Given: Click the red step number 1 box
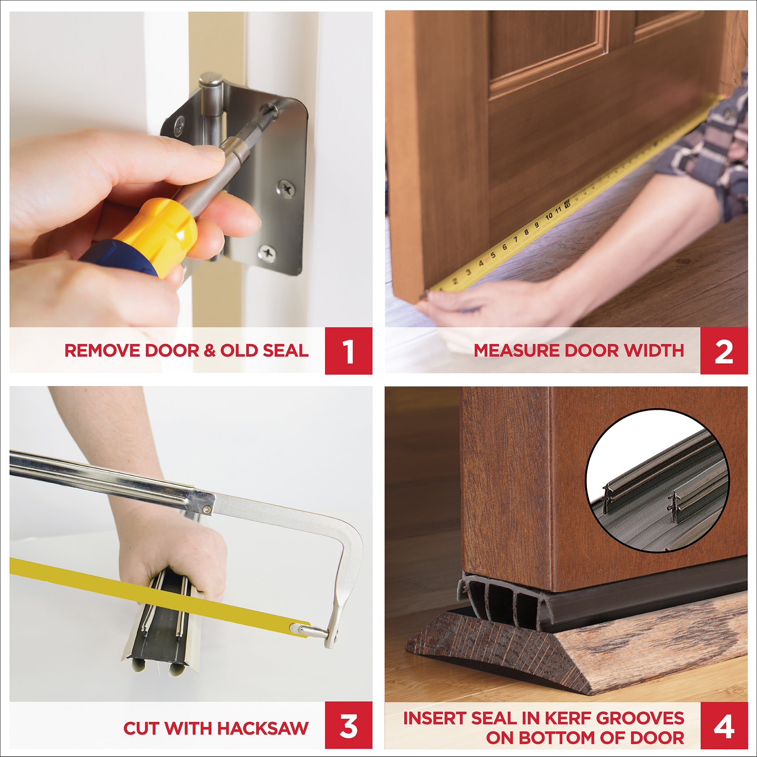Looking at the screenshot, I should (348, 350).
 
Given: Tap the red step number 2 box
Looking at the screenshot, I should (724, 350).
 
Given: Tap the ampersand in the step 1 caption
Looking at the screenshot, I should (210, 350).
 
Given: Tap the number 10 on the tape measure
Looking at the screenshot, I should (548, 216).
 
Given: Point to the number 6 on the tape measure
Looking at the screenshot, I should (505, 247).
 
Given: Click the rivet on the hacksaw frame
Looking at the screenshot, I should (207, 510).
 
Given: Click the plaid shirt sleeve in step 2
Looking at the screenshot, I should (705, 149).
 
